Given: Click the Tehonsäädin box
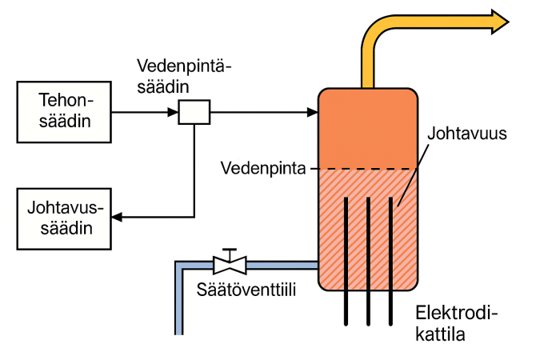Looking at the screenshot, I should click(x=64, y=112).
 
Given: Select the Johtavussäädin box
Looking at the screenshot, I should click(x=64, y=217).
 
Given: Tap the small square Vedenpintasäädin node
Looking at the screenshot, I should click(x=194, y=112).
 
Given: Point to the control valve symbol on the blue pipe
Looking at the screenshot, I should click(x=230, y=263).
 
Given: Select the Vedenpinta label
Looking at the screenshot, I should click(x=264, y=169).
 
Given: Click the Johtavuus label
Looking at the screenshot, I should click(x=467, y=134).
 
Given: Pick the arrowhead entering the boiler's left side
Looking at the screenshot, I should click(x=312, y=112).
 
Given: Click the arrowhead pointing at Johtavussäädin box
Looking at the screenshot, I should click(x=116, y=217).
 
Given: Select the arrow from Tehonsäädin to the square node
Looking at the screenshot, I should click(x=144, y=112).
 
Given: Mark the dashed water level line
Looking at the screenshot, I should click(x=368, y=169).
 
